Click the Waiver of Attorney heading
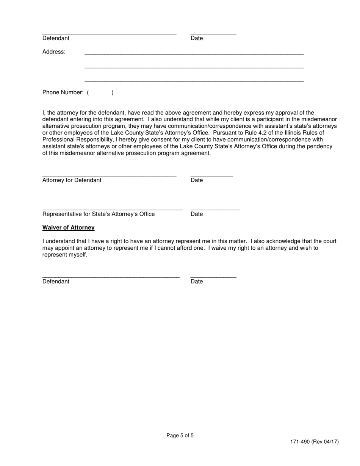[68, 228]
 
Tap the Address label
[54, 52]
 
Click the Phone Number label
[63, 92]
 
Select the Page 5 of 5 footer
[180, 436]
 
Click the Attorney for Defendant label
[72, 180]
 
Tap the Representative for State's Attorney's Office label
[99, 214]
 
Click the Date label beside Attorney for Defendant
[197, 180]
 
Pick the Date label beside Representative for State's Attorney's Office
[197, 214]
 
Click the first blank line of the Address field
[194, 54]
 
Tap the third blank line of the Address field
[194, 81]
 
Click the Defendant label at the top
[56, 38]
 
